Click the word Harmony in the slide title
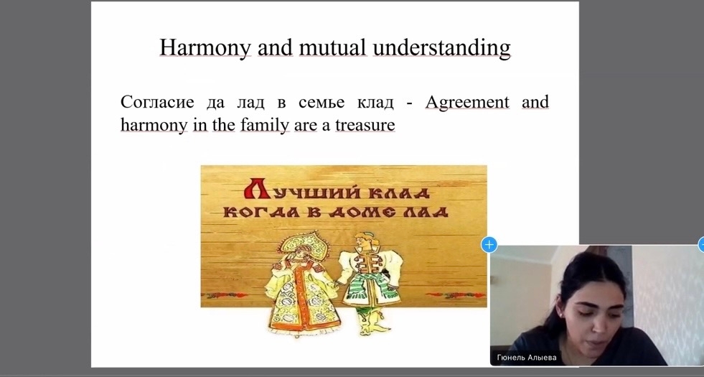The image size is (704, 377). click(205, 47)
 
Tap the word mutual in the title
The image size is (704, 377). click(333, 47)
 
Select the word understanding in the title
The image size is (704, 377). click(442, 47)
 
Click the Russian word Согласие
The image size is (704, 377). click(157, 102)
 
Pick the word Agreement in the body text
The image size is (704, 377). click(467, 103)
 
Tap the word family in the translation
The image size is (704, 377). click(265, 125)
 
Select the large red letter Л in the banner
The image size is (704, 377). click(257, 188)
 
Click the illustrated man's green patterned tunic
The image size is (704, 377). click(369, 281)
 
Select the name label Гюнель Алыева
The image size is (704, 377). click(527, 358)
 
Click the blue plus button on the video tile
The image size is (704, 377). click(489, 245)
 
